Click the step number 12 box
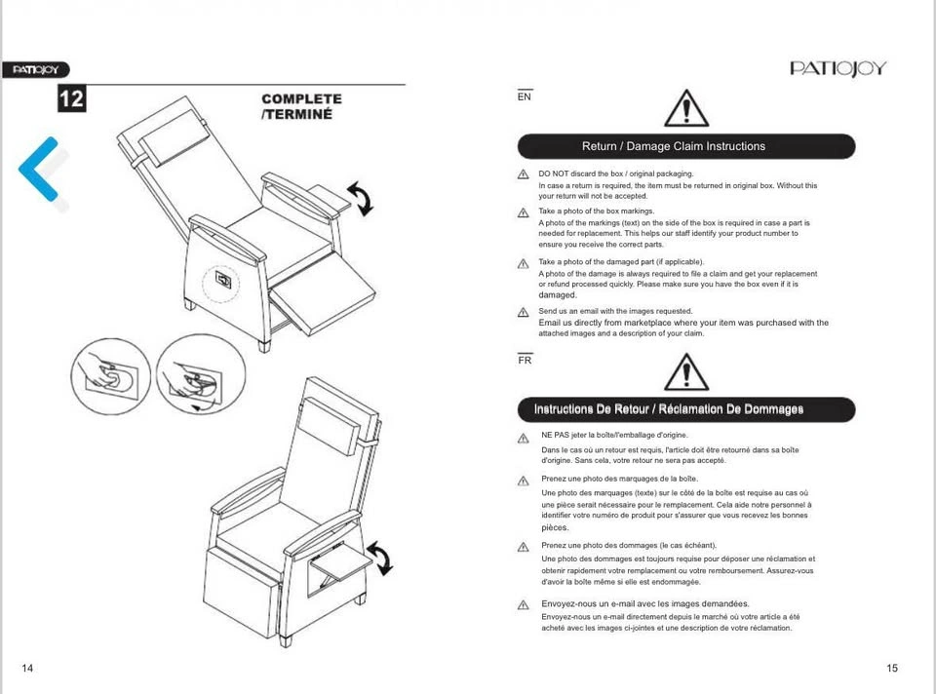[71, 98]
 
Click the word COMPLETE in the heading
[301, 99]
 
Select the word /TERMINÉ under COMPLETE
[296, 114]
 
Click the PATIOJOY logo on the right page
[838, 68]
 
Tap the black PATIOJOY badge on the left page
[36, 70]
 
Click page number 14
[27, 668]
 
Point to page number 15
[892, 668]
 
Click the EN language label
[525, 96]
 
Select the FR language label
[525, 360]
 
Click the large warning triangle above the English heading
[686, 108]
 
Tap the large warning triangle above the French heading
[686, 371]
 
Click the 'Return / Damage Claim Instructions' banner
[686, 146]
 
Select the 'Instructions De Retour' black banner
[686, 409]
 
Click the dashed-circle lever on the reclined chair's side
[221, 283]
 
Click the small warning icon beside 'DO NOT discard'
[523, 174]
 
